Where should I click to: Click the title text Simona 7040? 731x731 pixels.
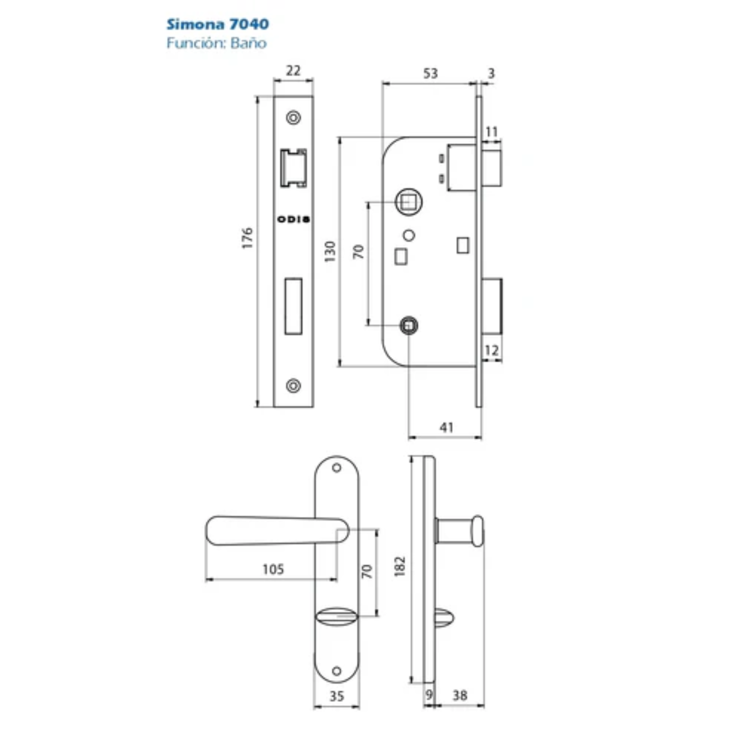[217, 24]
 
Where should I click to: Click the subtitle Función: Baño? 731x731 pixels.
[216, 43]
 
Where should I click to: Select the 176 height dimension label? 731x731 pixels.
[247, 238]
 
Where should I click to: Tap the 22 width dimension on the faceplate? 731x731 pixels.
[293, 71]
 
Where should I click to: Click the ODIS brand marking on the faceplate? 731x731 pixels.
[293, 219]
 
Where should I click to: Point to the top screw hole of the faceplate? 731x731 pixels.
[293, 118]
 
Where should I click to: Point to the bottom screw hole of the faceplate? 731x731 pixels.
[293, 386]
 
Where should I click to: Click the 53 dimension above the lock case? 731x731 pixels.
[430, 73]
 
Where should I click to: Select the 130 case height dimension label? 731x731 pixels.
[330, 251]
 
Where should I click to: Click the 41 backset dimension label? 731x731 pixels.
[447, 428]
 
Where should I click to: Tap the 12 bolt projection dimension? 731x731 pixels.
[492, 351]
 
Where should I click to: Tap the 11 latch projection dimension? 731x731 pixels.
[492, 132]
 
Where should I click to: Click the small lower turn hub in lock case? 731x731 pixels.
[409, 325]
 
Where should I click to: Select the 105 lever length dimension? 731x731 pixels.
[273, 569]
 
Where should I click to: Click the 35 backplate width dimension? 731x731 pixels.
[337, 696]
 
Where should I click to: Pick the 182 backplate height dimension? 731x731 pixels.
[400, 567]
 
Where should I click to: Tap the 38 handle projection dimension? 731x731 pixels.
[460, 696]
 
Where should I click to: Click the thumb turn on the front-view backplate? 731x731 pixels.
[336, 617]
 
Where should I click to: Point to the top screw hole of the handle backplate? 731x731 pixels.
[336, 468]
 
